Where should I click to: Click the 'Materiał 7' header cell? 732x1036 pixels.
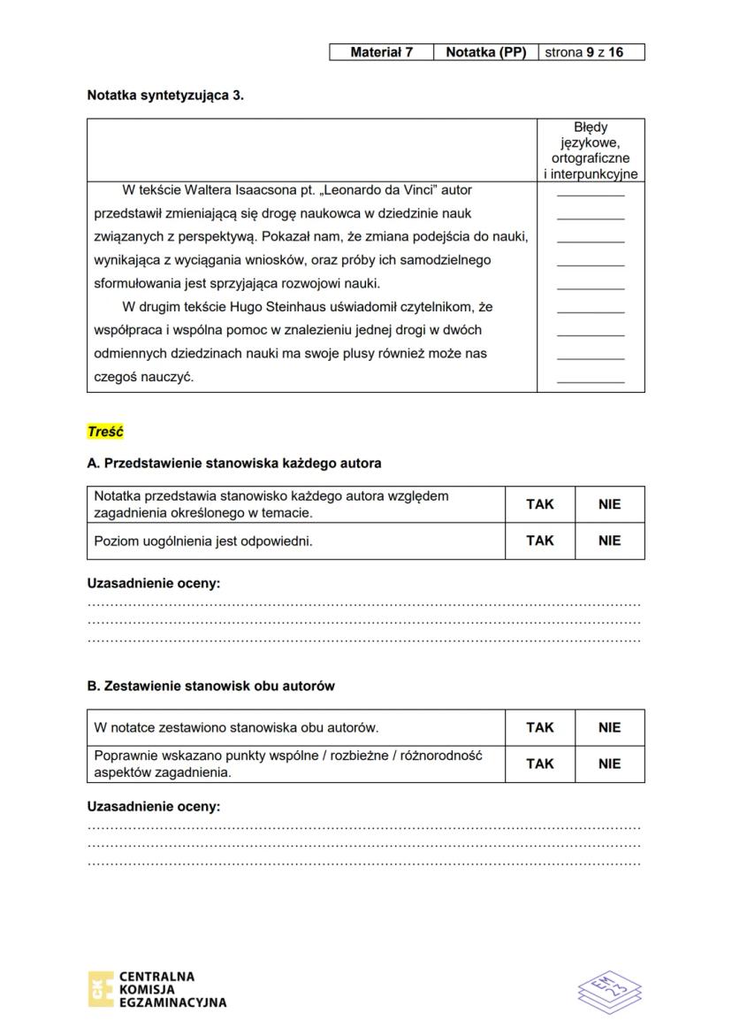[381, 52]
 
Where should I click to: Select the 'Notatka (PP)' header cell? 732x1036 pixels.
[485, 52]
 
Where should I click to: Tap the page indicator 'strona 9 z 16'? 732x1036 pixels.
[591, 52]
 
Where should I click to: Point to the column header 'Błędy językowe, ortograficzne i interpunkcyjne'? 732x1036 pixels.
[591, 150]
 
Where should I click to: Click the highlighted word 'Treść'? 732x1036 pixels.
[105, 432]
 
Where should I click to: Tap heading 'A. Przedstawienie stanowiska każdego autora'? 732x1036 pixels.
[234, 463]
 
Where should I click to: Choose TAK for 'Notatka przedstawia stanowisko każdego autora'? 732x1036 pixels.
[539, 504]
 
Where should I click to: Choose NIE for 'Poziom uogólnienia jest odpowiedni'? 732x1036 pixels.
[609, 541]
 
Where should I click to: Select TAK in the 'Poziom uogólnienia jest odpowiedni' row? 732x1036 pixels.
[539, 541]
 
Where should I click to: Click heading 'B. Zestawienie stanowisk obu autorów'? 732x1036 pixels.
[210, 686]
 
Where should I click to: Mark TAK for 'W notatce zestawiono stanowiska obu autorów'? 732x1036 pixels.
[539, 727]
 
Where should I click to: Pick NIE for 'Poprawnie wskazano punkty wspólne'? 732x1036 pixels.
[609, 764]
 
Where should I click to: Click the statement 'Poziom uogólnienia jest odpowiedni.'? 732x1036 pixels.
[203, 541]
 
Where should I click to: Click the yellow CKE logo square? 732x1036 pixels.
[100, 989]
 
